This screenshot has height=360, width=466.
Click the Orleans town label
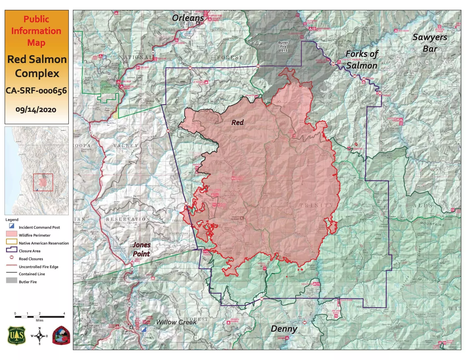point(188,18)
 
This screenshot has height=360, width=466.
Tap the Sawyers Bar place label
point(430,43)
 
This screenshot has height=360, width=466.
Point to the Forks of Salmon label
point(362,60)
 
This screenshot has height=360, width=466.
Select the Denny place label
point(284,329)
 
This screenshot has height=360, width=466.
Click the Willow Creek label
point(176,322)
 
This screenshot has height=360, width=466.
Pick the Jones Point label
point(141,249)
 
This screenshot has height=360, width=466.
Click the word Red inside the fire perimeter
point(238,122)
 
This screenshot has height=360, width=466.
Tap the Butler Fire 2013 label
point(283,47)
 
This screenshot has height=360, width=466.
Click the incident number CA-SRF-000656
point(36,91)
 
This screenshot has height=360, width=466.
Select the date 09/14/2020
point(36,110)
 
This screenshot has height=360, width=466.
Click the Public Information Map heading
point(36,31)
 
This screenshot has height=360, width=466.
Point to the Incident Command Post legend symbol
point(12,226)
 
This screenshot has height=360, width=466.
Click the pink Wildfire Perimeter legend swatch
point(12,234)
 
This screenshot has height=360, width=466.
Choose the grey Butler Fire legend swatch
point(12,280)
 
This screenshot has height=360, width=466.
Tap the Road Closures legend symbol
point(12,258)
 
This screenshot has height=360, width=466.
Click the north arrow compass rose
point(39,336)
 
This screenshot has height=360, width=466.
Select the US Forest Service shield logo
point(17,336)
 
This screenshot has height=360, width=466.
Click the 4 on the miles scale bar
point(64,313)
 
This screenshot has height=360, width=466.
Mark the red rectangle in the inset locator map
point(43,182)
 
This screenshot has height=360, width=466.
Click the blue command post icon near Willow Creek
point(144,329)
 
